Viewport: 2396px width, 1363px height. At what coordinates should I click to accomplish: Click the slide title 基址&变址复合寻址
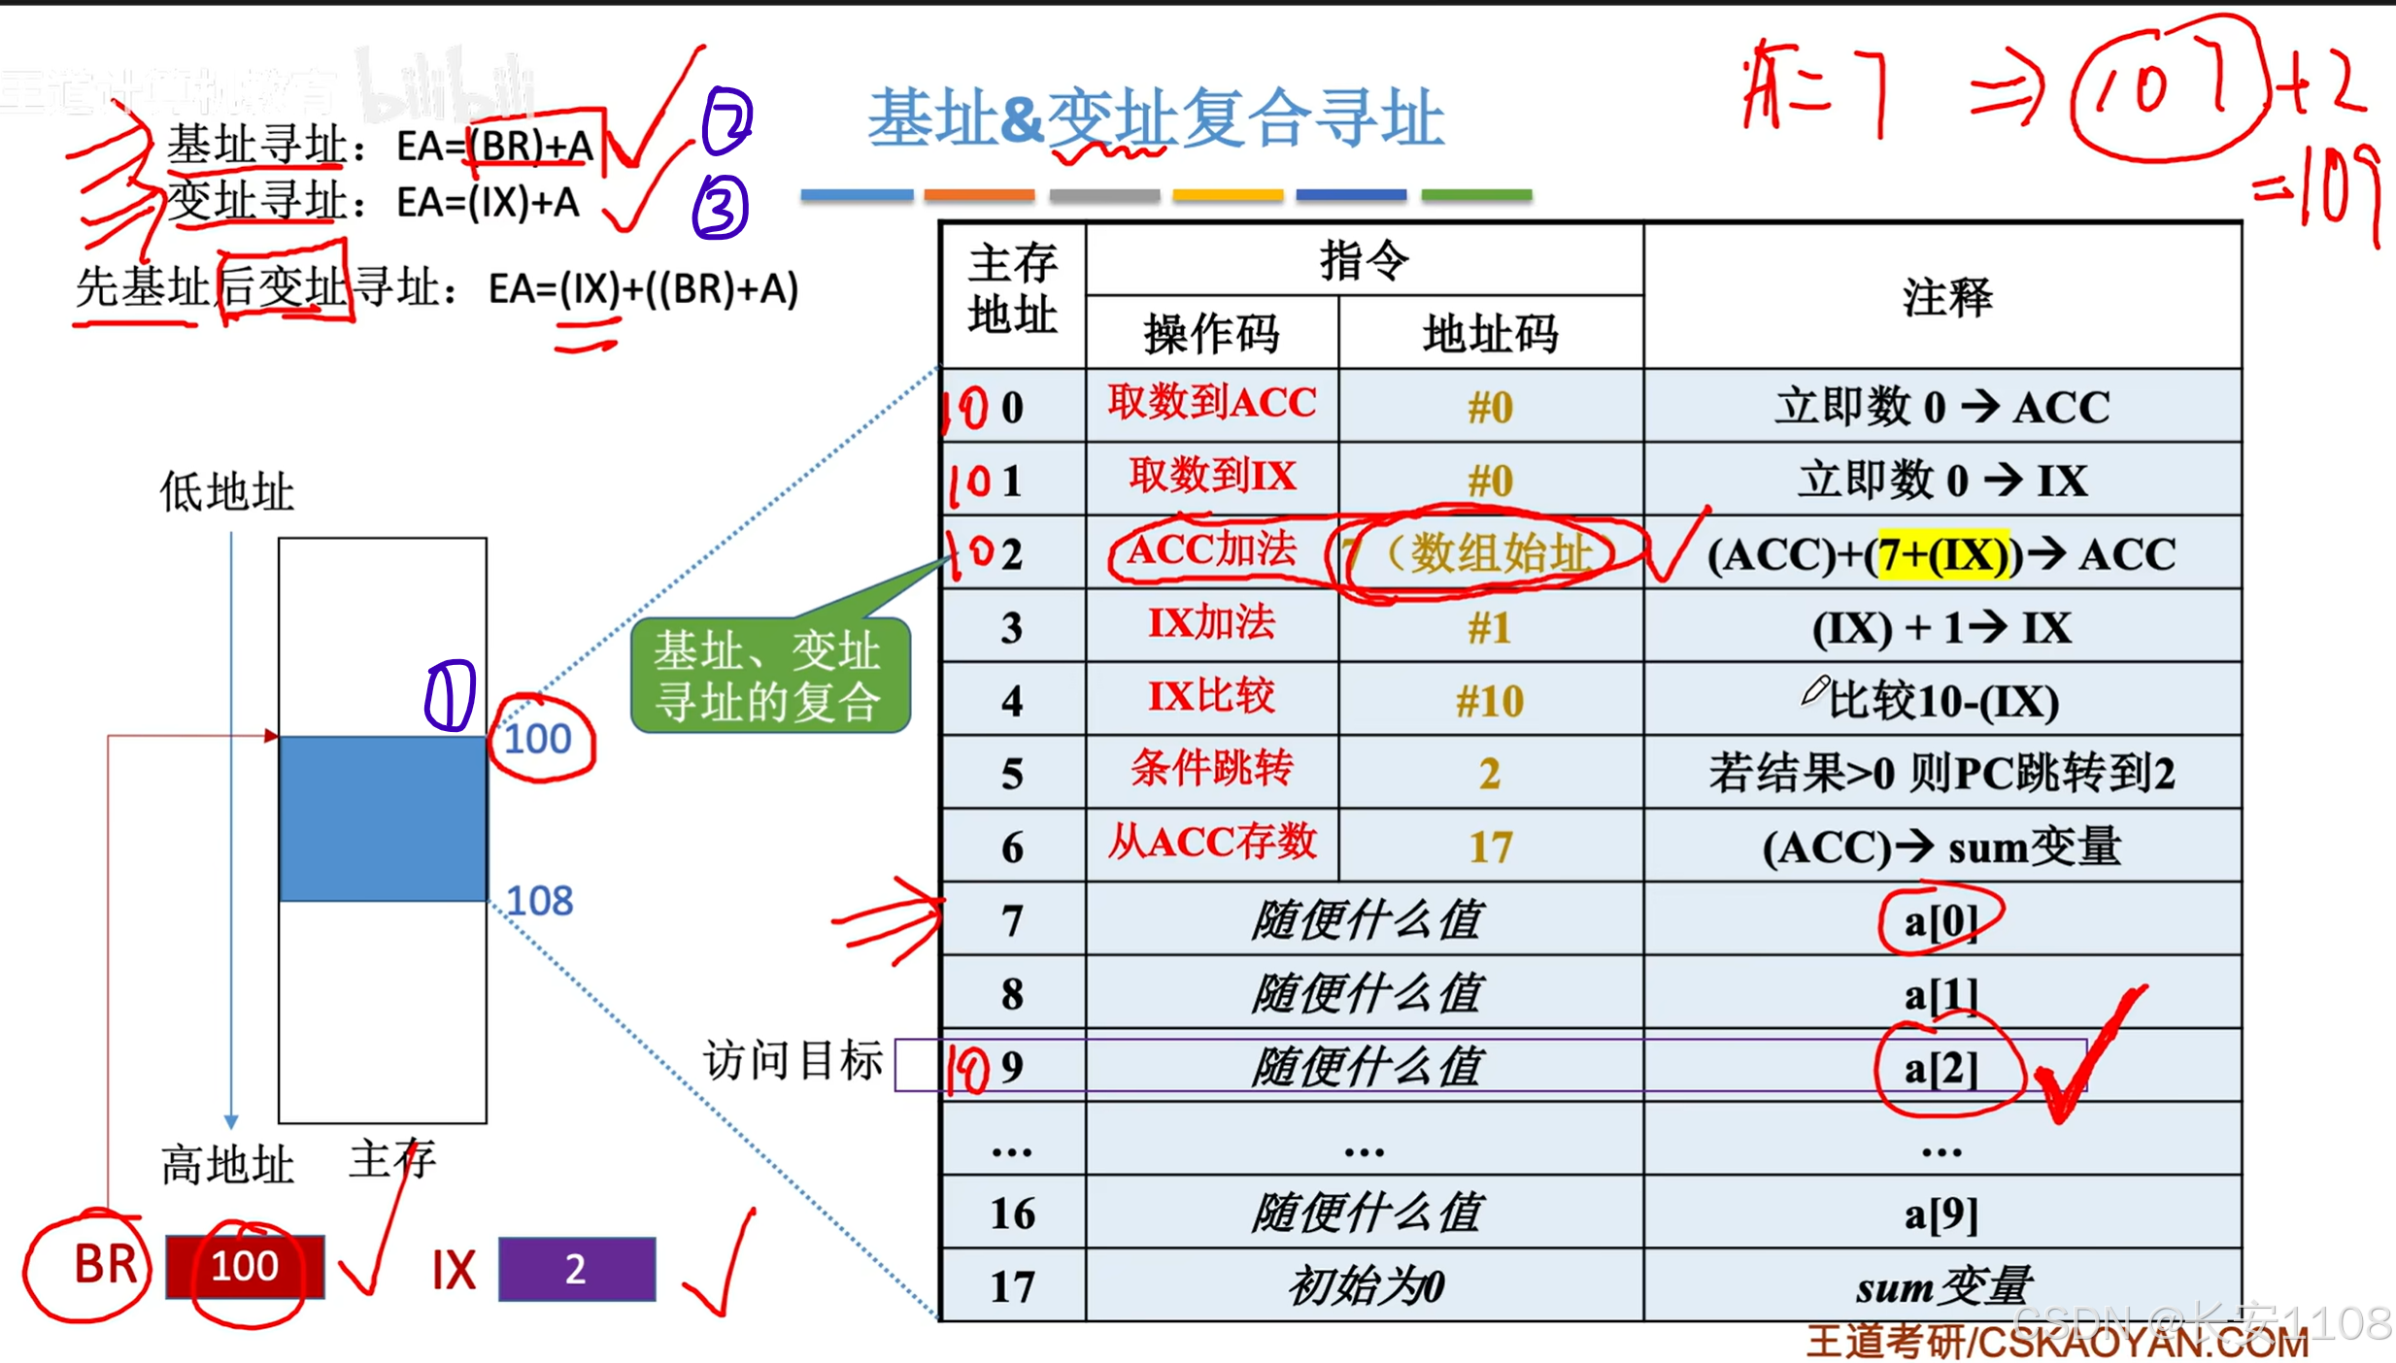click(x=1155, y=118)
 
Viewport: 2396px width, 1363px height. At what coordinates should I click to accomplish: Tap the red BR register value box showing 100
click(x=245, y=1266)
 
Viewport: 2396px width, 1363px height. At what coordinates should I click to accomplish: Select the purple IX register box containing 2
click(x=576, y=1269)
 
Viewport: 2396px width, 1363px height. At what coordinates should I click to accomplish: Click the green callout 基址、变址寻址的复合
click(x=768, y=676)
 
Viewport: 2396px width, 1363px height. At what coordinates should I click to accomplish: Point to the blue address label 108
click(x=540, y=901)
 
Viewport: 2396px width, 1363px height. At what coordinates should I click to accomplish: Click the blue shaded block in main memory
click(x=383, y=818)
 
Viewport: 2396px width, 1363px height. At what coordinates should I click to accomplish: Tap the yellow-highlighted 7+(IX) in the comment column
click(x=1941, y=555)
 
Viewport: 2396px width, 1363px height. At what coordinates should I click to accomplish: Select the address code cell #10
click(x=1490, y=701)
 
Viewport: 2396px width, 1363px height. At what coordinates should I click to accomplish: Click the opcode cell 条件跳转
click(x=1211, y=771)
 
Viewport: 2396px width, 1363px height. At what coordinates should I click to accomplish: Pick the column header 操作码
click(x=1211, y=334)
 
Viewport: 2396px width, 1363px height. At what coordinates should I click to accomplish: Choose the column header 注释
click(x=1945, y=296)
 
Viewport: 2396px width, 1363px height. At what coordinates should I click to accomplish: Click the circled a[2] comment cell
click(x=1940, y=1068)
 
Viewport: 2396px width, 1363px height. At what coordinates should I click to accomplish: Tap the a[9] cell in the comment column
click(x=1940, y=1213)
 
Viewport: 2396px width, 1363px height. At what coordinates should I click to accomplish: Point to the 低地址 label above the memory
click(x=226, y=491)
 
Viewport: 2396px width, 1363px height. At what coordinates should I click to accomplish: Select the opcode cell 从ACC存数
click(x=1211, y=843)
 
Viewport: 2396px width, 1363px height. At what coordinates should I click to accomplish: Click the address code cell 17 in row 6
click(x=1490, y=848)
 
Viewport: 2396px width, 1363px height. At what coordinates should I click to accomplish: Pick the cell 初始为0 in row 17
click(x=1365, y=1287)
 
